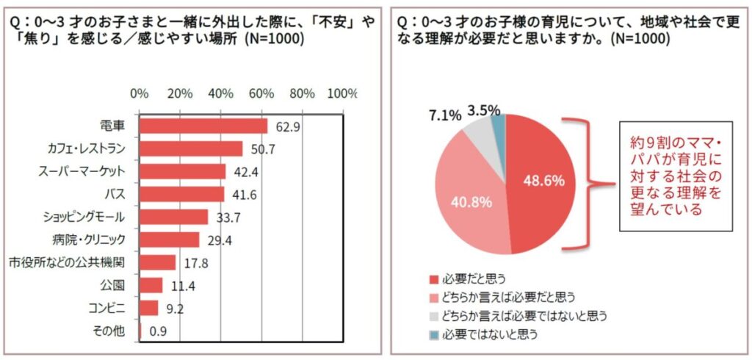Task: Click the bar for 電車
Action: [203, 126]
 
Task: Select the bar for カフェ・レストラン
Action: [191, 149]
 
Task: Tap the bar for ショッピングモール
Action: [174, 217]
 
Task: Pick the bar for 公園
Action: [151, 285]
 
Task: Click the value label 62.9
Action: [286, 127]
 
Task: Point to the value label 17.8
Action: [195, 263]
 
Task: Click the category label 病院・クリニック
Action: [90, 240]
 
